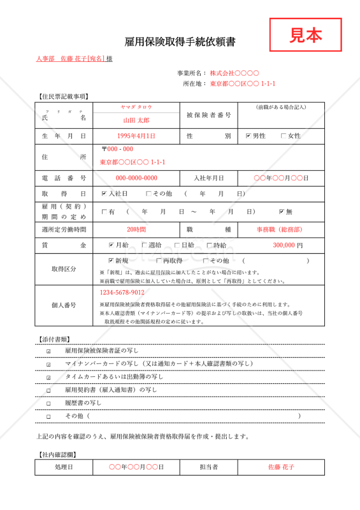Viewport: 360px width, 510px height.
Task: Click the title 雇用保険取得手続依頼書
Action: (180, 43)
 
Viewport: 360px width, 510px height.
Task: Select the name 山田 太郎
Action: (136, 120)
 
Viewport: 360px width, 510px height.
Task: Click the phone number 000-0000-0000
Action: (136, 178)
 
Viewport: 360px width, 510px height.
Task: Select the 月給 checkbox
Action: (112, 245)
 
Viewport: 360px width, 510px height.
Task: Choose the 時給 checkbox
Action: (210, 245)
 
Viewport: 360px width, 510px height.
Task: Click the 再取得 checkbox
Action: (158, 261)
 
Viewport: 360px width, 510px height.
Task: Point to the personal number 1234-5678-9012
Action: (122, 293)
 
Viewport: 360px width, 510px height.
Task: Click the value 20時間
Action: (136, 229)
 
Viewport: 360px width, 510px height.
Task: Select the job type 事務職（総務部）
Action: (280, 229)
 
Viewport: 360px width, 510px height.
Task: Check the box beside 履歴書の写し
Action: (48, 403)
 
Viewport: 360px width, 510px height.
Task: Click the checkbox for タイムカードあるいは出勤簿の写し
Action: (48, 377)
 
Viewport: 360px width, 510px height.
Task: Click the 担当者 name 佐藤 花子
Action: (281, 467)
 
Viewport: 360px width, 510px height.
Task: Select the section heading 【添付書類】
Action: (55, 339)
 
